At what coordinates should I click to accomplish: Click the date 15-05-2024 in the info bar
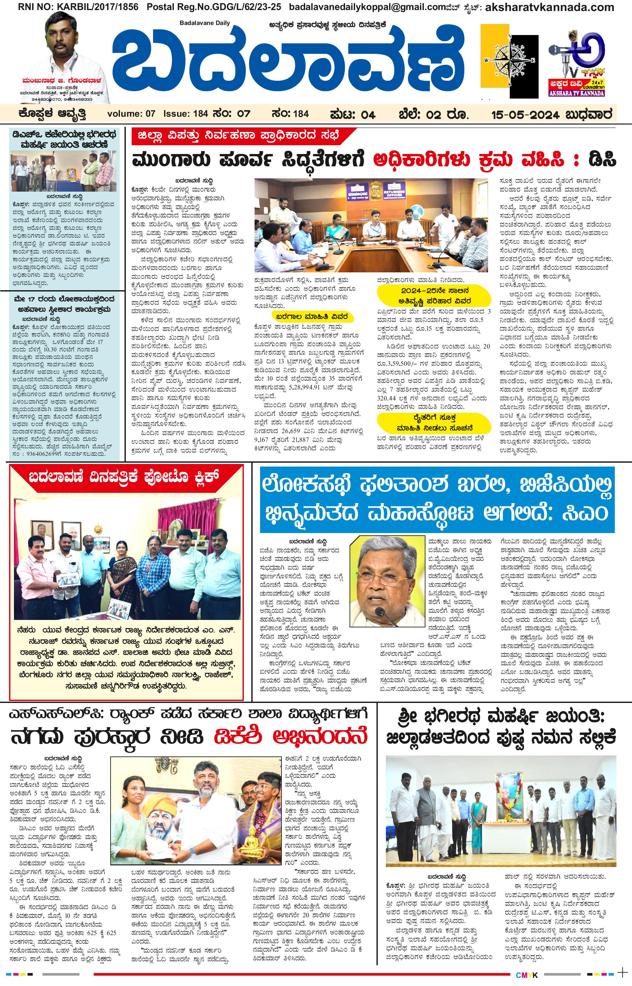point(525,114)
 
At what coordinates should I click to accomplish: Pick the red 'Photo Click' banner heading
point(124,477)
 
